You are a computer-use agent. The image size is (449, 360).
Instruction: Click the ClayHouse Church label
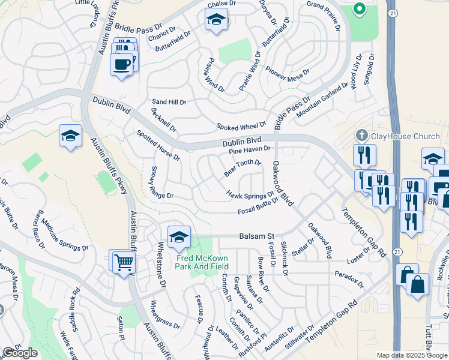399,136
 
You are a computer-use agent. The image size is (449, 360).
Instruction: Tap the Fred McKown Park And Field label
203,262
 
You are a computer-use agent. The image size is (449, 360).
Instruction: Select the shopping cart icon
124,262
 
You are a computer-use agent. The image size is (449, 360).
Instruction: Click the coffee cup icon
122,63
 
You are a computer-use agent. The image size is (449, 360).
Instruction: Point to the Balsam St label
256,236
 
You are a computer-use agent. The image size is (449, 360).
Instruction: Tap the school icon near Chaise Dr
216,21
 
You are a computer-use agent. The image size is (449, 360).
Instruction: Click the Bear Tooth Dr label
243,167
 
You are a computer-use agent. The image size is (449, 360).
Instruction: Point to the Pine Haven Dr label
250,150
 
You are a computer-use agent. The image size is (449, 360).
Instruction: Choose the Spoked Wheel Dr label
241,126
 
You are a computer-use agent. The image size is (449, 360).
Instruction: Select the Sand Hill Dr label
169,102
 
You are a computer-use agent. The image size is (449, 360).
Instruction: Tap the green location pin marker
360,9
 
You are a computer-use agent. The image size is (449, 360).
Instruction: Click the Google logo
20,353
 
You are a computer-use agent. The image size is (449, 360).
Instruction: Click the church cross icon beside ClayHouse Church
362,136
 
